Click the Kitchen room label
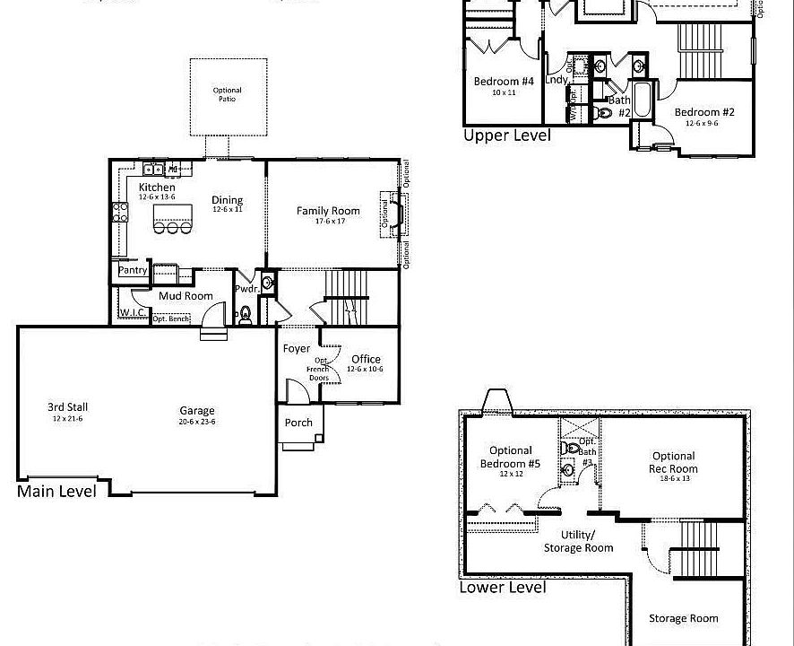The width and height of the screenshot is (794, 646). tap(157, 187)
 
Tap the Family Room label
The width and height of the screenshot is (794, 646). tap(328, 212)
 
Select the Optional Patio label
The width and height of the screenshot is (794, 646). tap(228, 94)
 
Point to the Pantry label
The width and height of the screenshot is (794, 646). tap(133, 270)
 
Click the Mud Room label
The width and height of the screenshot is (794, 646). tap(186, 296)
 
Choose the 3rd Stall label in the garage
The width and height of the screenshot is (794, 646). tap(67, 407)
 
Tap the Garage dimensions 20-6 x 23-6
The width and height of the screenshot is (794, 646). tap(197, 422)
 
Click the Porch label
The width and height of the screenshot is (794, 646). tap(298, 423)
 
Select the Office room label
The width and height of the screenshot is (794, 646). tap(366, 360)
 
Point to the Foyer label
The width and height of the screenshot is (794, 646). tap(297, 348)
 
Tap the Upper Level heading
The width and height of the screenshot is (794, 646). tap(506, 135)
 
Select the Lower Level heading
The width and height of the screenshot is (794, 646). tap(502, 588)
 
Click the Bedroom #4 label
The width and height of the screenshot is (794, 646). tap(504, 82)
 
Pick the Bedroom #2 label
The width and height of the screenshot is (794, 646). tap(704, 112)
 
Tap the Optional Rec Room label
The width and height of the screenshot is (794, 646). tap(674, 462)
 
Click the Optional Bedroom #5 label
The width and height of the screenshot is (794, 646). tap(511, 457)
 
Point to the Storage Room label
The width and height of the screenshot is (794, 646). tap(684, 618)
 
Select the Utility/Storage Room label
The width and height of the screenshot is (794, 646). tap(579, 541)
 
